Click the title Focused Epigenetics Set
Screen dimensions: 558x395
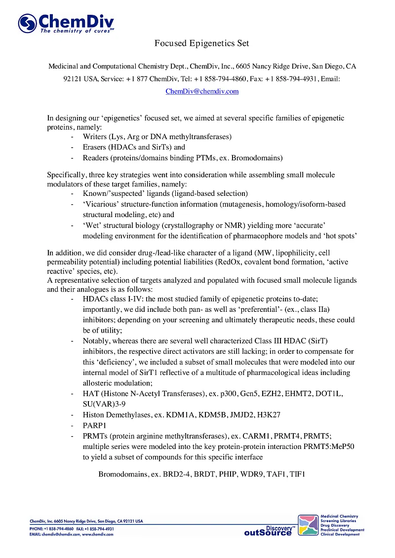(x=201, y=43)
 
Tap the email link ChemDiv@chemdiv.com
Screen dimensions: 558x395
(x=202, y=91)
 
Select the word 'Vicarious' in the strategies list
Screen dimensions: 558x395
(x=100, y=204)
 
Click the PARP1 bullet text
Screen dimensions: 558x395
(x=95, y=425)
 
